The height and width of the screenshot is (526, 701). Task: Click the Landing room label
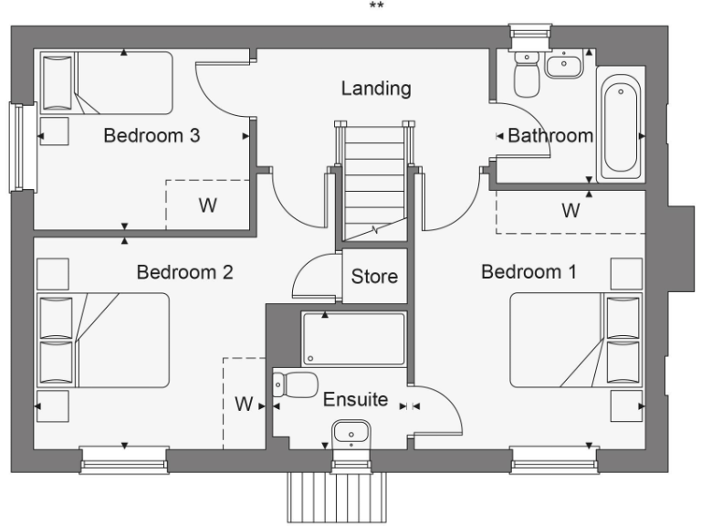376,89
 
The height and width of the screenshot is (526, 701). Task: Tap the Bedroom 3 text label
152,136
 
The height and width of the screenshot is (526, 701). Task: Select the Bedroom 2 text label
184,272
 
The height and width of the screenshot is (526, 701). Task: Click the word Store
374,275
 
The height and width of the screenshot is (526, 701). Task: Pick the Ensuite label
355,400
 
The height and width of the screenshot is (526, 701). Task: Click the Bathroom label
550,136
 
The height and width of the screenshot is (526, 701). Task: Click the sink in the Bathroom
565,65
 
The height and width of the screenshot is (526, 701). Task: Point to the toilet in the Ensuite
298,384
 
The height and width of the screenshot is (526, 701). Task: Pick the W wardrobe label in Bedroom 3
208,205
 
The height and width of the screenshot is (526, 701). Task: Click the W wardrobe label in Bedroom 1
570,211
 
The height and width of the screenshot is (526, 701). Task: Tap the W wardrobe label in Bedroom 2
243,403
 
